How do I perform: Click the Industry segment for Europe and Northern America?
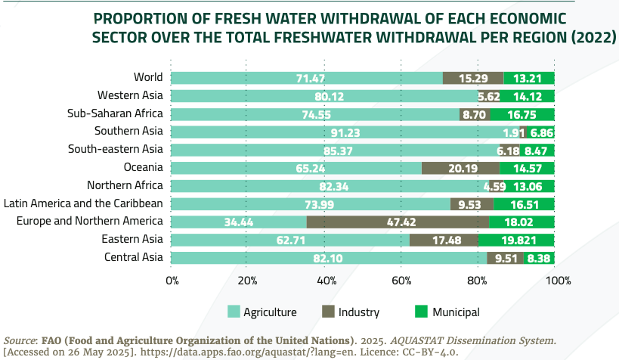click(x=396, y=222)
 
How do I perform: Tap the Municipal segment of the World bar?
click(x=529, y=77)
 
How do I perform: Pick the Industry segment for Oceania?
click(x=460, y=168)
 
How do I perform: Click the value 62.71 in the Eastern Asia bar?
click(x=290, y=240)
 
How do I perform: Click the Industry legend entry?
click(x=359, y=312)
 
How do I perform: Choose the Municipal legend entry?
click(x=456, y=312)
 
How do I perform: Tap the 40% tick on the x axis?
click(x=326, y=281)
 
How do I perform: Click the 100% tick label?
click(x=557, y=281)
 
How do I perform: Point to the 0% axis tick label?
click(x=172, y=281)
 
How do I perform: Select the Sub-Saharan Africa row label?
click(x=115, y=113)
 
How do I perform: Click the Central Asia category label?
click(x=134, y=257)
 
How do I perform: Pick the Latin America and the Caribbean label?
click(x=83, y=203)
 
